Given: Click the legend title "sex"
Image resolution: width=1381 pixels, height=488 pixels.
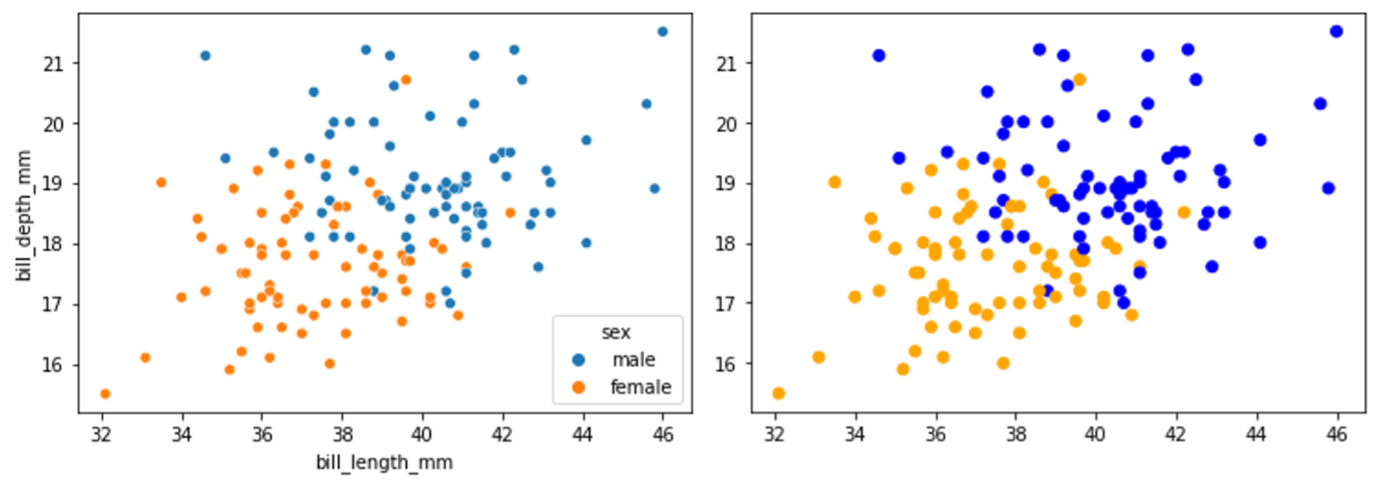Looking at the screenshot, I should click(615, 332).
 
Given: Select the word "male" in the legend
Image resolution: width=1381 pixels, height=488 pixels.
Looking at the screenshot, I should click(634, 360).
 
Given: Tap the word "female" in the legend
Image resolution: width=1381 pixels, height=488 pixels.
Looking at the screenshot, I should click(640, 387).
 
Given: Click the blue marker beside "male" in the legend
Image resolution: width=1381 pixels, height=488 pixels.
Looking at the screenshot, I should click(579, 360).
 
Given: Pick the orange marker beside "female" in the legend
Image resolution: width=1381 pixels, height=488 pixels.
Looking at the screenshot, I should click(579, 387).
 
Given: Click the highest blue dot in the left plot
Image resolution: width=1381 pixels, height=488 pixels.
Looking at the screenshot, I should click(662, 32).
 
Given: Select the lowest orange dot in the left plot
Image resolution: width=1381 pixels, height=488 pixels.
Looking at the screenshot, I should click(105, 393).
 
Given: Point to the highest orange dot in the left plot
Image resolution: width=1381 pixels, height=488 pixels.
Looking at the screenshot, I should click(405, 79).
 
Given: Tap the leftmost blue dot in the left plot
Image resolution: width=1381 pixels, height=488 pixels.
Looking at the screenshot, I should click(205, 56).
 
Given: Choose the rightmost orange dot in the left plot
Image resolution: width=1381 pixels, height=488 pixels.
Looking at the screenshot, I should click(510, 212).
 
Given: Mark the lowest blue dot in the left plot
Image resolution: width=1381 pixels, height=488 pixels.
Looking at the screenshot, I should click(450, 303).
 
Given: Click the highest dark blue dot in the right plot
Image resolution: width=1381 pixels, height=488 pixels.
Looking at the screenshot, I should click(1336, 32).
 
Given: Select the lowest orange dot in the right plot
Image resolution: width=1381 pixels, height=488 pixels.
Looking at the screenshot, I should click(778, 393).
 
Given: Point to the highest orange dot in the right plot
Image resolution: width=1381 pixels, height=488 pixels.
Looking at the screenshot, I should click(1079, 79).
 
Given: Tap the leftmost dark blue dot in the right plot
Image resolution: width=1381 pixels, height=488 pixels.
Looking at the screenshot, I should click(879, 56).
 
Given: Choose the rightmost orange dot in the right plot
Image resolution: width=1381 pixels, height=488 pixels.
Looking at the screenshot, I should click(1183, 212).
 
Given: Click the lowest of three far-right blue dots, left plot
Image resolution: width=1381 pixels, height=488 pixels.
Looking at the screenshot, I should click(654, 188).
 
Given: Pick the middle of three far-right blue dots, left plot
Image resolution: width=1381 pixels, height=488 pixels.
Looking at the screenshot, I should click(646, 104).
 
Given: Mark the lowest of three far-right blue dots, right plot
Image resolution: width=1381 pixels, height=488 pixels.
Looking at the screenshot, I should click(1328, 188).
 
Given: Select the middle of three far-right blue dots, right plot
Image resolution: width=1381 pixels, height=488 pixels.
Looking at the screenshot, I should click(1320, 104).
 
